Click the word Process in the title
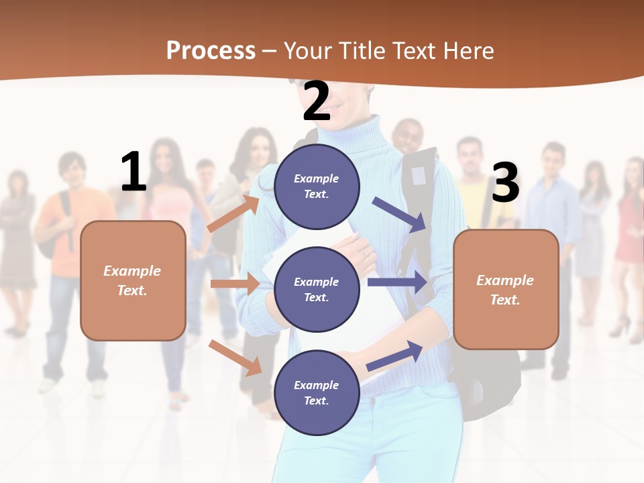[x=211, y=51]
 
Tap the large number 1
[x=133, y=172]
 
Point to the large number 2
[x=317, y=101]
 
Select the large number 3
[x=505, y=182]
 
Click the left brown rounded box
[x=133, y=280]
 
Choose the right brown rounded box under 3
[x=506, y=289]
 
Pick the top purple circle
[x=317, y=186]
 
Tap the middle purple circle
[x=317, y=289]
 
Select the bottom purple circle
[x=317, y=392]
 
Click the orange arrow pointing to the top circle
[x=233, y=213]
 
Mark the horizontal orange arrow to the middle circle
[x=235, y=284]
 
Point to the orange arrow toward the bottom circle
[x=235, y=357]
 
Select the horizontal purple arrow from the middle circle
[x=397, y=282]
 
